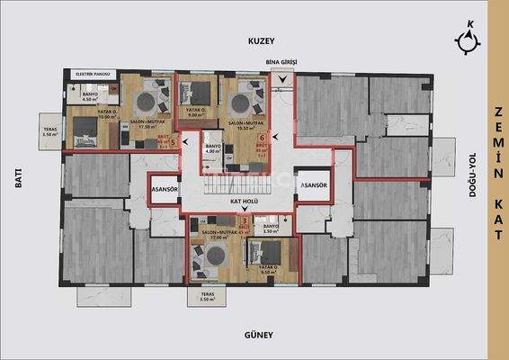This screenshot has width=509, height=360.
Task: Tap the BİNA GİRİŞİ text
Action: pyautogui.click(x=281, y=62)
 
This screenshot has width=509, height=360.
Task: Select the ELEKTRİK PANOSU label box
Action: pyautogui.click(x=94, y=74)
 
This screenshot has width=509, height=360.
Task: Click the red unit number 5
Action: pyautogui.click(x=172, y=142)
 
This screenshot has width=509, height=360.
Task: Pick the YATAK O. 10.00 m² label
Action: pyautogui.click(x=84, y=114)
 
